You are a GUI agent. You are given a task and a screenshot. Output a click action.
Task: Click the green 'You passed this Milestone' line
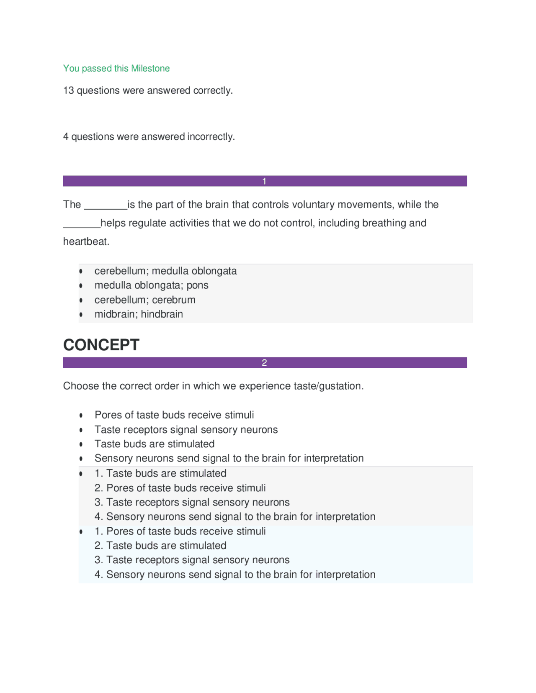[116, 68]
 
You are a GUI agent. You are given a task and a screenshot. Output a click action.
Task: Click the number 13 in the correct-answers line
[68, 90]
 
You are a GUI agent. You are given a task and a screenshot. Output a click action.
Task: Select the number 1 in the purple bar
[264, 181]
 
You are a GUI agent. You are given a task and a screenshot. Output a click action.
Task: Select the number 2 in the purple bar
[264, 363]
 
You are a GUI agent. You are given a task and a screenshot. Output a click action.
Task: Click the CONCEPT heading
[101, 345]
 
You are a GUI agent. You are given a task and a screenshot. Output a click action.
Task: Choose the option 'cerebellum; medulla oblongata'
[165, 271]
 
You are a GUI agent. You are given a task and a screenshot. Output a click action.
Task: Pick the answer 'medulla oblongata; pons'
[151, 285]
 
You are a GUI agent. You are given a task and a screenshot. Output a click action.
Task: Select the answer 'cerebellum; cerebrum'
[145, 300]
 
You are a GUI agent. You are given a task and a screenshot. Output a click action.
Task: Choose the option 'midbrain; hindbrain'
[139, 314]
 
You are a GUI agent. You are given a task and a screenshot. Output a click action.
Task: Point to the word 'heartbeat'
[86, 241]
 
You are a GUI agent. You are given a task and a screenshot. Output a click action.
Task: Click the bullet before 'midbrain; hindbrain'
[81, 314]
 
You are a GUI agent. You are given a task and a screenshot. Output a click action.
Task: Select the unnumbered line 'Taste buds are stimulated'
[155, 444]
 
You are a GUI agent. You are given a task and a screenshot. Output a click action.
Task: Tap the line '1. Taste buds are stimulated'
[160, 473]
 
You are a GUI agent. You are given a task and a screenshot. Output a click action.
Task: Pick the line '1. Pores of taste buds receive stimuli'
[180, 531]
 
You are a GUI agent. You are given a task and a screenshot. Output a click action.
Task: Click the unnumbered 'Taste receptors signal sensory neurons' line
[186, 429]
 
